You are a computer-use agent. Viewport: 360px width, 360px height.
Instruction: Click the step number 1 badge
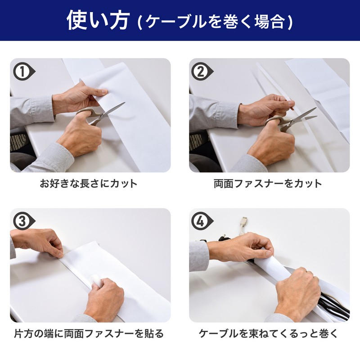[x=23, y=72]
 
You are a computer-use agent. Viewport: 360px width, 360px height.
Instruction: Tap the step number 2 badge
[x=202, y=72]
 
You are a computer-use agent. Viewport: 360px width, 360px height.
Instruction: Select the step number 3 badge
[x=23, y=221]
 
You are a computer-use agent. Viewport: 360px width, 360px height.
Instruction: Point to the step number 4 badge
[x=202, y=221]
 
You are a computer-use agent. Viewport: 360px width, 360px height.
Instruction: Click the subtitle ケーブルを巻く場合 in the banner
[x=215, y=22]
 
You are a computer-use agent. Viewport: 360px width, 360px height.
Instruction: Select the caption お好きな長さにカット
[x=89, y=184]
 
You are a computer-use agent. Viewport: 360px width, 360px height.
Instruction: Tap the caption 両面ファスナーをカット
[x=268, y=184]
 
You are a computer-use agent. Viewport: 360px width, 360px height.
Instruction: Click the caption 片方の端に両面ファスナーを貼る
[x=89, y=333]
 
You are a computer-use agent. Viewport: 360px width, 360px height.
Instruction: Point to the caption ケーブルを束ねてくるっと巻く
[x=268, y=333]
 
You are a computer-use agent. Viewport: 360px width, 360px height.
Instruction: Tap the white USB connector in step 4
[x=244, y=226]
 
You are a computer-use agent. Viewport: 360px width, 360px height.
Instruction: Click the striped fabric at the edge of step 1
[x=19, y=142]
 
